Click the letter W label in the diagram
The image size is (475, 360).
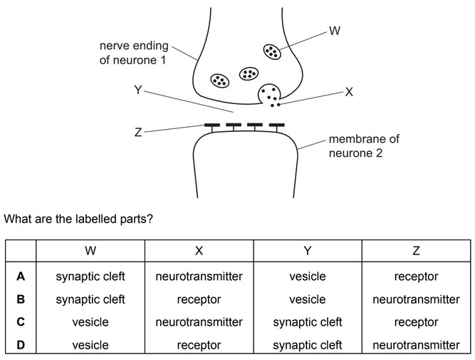click(333, 31)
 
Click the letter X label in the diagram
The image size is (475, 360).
click(348, 92)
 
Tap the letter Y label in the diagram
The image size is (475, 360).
click(138, 91)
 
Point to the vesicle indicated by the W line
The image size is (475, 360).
click(272, 52)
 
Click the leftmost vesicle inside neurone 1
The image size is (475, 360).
click(219, 80)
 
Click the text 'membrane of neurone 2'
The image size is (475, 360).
click(363, 145)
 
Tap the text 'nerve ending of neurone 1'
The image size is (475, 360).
click(133, 54)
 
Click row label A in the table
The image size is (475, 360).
click(21, 277)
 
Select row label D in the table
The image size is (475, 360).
click(21, 345)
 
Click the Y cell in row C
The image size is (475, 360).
click(308, 322)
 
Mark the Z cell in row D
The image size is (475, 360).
click(416, 345)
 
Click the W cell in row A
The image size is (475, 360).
click(90, 277)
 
